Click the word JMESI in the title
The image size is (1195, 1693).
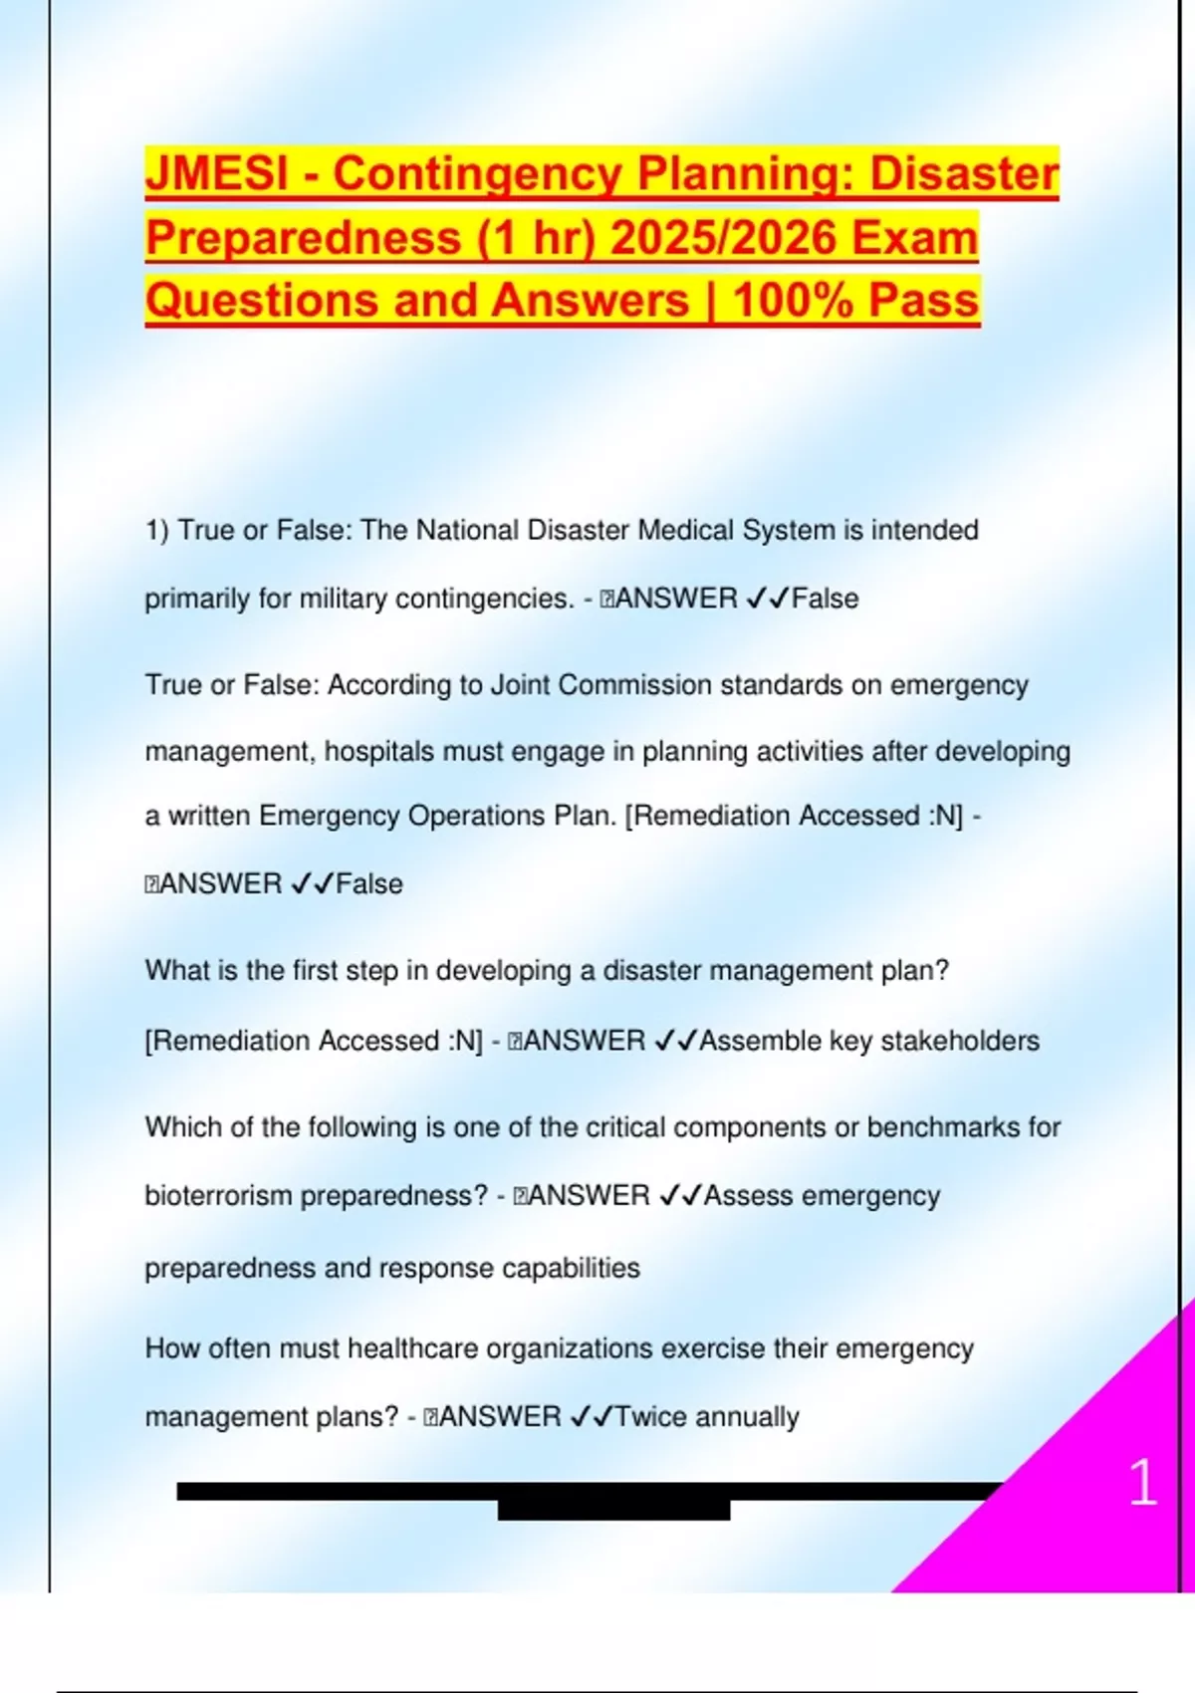coord(216,173)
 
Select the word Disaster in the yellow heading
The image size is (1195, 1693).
coord(964,173)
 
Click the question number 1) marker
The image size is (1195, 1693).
coord(157,530)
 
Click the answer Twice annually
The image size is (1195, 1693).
coord(707,1417)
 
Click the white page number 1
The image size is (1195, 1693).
coord(1143,1482)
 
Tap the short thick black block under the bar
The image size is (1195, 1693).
coord(613,1510)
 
